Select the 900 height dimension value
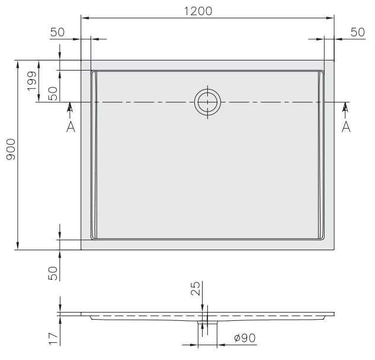click(x=10, y=154)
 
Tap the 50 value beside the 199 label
click(x=52, y=93)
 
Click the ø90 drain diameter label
click(x=243, y=338)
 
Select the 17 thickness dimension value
click(x=52, y=338)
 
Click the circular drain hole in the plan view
click(x=208, y=102)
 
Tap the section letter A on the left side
click(x=70, y=126)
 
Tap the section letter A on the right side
click(x=346, y=126)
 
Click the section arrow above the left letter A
click(x=70, y=107)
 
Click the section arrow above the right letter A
click(x=346, y=107)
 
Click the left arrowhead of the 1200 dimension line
click(x=84, y=18)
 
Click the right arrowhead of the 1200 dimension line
click(x=331, y=18)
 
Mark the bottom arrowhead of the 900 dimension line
click(x=18, y=246)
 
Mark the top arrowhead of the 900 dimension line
click(x=18, y=63)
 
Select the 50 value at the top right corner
click(x=357, y=33)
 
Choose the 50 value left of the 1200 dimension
click(x=57, y=33)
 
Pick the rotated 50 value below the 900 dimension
click(x=52, y=273)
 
